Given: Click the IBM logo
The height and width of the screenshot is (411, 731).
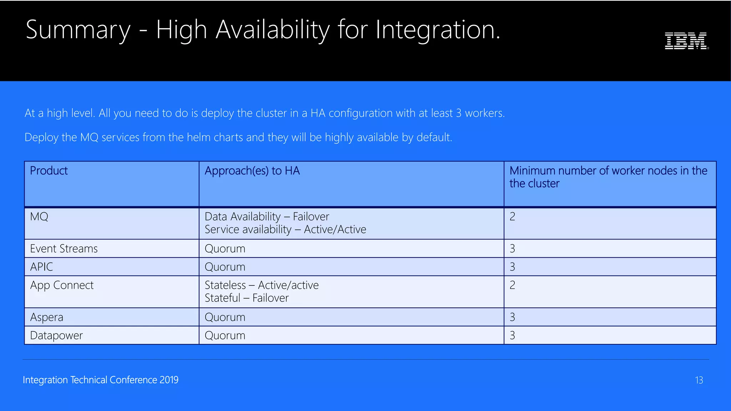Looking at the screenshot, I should coord(686,41).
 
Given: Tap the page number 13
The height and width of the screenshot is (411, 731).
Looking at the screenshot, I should coord(699,380).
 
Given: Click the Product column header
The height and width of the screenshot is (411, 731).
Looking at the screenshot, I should coord(49,171).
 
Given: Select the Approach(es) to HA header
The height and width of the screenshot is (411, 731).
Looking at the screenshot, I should coord(252,171).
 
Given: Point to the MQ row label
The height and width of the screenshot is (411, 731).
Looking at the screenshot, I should coord(39,217).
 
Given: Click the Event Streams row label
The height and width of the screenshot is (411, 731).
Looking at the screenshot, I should coord(64,249).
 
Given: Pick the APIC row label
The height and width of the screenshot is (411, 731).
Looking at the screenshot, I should coord(41,267).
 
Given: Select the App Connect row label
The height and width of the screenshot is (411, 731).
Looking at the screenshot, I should coord(62,285).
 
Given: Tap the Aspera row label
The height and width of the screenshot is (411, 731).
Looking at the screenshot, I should coord(46,318).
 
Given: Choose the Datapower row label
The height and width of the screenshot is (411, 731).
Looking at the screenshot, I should coord(56,336).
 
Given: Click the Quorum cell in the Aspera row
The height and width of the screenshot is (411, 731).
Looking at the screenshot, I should coord(225,318).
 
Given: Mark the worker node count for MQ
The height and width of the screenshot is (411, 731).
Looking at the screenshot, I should coord(512,217).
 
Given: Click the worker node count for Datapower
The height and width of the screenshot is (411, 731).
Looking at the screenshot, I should coord(512,336).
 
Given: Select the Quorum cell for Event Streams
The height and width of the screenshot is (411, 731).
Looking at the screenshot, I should coord(225,249).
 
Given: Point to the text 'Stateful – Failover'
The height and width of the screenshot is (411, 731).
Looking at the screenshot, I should coord(247,298).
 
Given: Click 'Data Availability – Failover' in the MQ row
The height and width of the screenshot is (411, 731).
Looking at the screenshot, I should coord(267,217).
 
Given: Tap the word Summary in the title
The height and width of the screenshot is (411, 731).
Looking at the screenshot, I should coord(78,30).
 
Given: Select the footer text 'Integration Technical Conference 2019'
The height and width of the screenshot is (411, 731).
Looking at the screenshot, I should coord(101,380).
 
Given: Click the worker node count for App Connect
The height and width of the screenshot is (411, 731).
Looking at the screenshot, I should coord(512,285).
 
